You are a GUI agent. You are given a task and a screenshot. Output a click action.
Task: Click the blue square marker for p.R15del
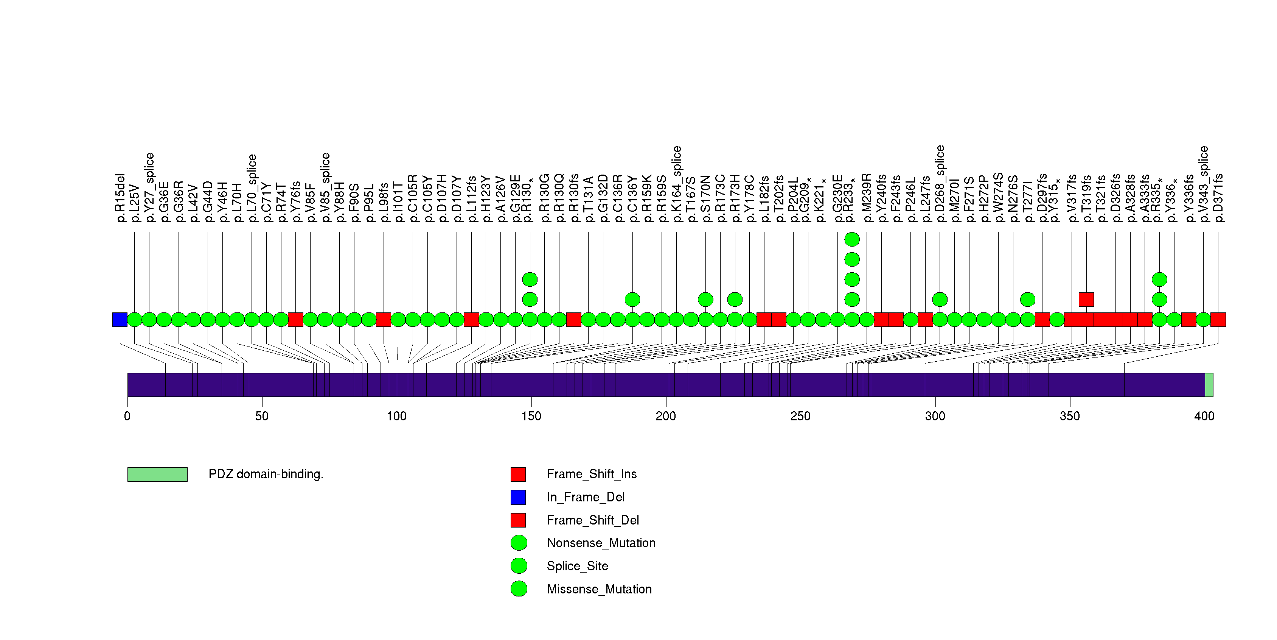coord(120,320)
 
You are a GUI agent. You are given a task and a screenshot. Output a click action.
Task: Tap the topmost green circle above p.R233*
coord(852,240)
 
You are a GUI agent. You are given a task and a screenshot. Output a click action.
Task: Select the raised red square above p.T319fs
coord(1086,299)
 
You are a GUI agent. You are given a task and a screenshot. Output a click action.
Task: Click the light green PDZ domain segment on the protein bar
coord(1209,385)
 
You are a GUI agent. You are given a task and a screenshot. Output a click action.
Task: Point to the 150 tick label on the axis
coord(531,416)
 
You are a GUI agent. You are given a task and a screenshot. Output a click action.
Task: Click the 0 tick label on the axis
coord(127,416)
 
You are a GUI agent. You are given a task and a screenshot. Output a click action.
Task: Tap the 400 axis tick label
coord(1204,416)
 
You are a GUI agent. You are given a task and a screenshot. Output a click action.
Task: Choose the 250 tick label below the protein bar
coord(800,416)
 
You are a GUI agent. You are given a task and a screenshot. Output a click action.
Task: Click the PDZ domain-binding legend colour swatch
coord(157,474)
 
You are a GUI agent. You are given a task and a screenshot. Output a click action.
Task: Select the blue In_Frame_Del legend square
coord(518,497)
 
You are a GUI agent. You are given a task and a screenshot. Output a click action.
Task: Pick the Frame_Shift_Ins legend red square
coord(518,474)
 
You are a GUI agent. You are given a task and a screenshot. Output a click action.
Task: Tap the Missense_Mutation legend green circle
coord(519,589)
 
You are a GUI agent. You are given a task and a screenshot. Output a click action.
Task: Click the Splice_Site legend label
coord(577,566)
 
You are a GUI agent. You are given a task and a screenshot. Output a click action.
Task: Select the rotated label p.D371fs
coord(1218,197)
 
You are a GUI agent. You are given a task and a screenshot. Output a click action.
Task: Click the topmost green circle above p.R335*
coord(1159,280)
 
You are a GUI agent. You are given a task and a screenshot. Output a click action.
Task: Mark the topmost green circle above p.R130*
coord(530,280)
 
